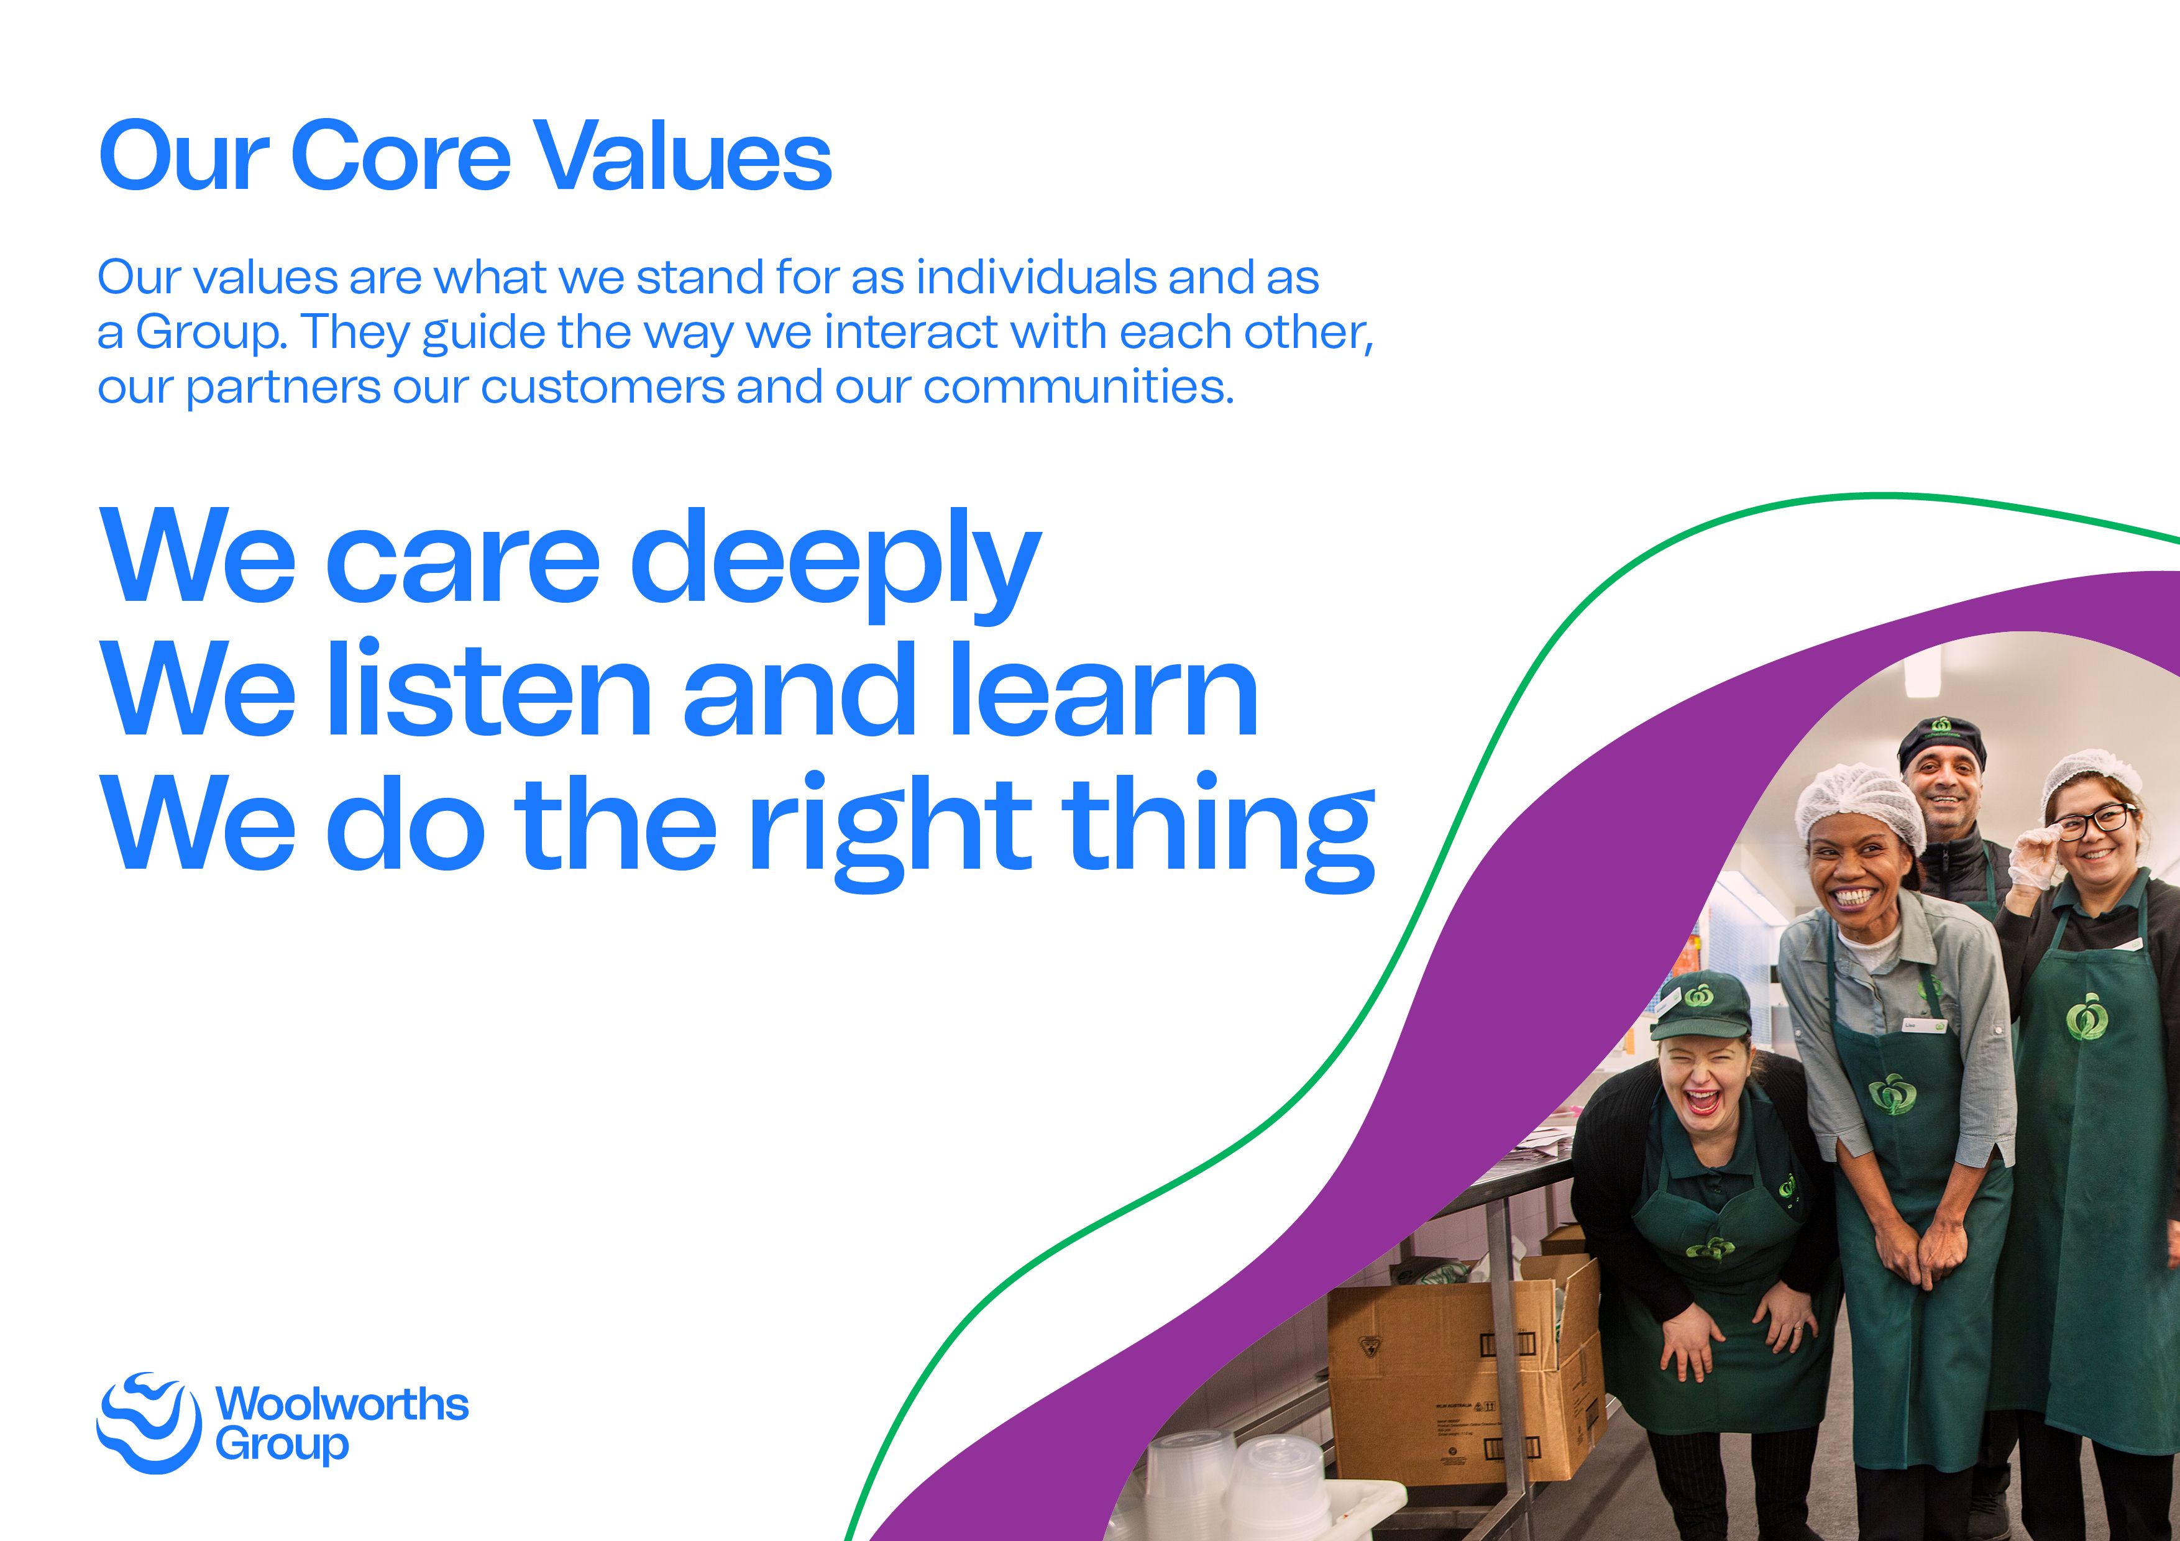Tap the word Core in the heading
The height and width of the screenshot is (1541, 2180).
point(401,156)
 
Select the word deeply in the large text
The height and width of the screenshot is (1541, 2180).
point(836,560)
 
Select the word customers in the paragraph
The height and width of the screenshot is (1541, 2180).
point(603,387)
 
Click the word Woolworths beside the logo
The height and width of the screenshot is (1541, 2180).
point(342,1403)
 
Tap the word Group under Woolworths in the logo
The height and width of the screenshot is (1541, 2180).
point(282,1445)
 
